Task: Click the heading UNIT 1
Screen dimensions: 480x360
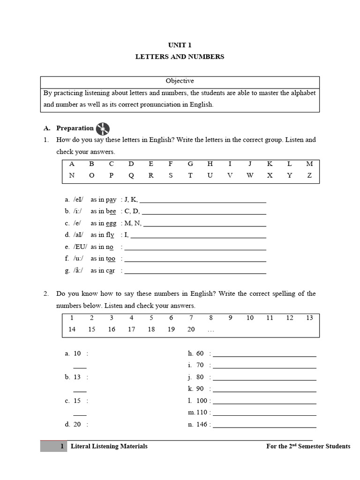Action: [x=180, y=45]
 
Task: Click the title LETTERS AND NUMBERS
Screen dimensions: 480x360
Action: [x=180, y=57]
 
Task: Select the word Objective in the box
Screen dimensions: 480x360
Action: [x=180, y=81]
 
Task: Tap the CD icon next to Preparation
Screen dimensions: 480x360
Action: [x=103, y=128]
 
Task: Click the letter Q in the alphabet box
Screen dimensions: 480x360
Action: [x=131, y=176]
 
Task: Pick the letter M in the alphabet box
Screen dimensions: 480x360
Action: [x=309, y=164]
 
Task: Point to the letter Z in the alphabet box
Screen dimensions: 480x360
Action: [x=309, y=176]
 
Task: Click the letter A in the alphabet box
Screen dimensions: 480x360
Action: [x=72, y=164]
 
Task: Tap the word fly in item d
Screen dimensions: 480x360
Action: [x=109, y=235]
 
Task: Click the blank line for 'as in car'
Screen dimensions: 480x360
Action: [x=195, y=272]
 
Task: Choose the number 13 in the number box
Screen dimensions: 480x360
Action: [x=309, y=318]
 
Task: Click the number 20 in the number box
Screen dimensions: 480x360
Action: [x=191, y=330]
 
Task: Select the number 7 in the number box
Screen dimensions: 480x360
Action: [x=191, y=318]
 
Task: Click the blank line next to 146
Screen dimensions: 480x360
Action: [x=264, y=426]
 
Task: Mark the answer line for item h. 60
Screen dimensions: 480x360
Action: [x=264, y=355]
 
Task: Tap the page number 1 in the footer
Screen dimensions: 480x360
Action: [x=62, y=446]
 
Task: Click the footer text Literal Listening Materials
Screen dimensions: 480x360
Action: [x=109, y=446]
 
